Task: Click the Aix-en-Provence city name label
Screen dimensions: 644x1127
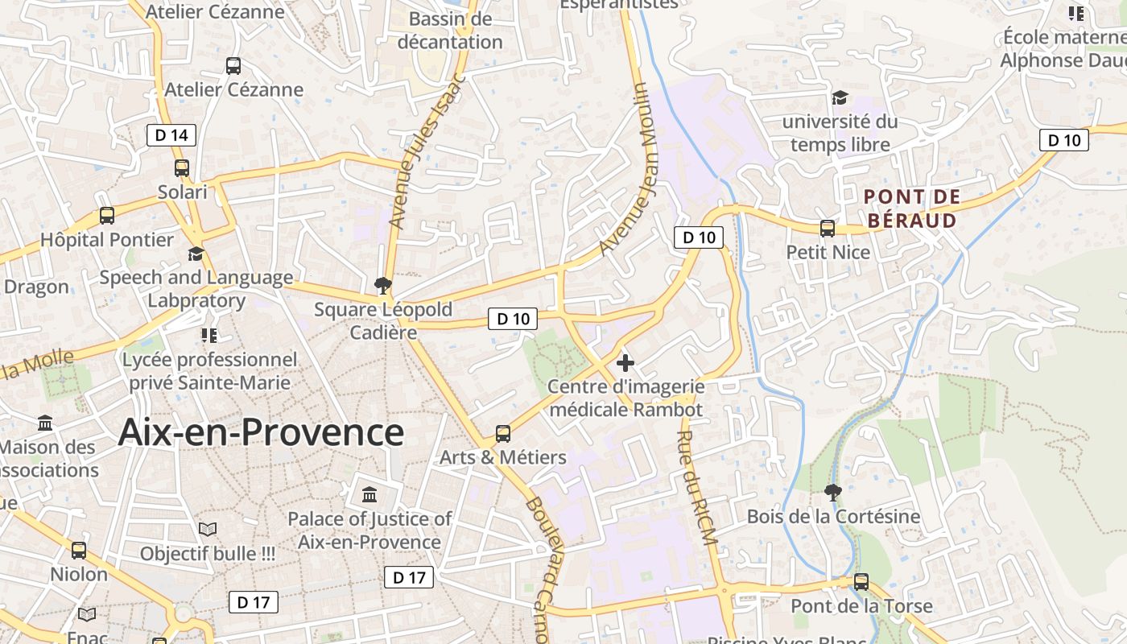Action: click(x=261, y=432)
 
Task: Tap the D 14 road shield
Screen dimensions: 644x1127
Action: click(x=171, y=135)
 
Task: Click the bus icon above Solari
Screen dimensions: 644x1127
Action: click(x=182, y=168)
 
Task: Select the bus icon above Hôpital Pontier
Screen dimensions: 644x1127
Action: click(x=107, y=216)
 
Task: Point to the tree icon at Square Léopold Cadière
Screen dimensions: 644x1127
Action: click(x=383, y=285)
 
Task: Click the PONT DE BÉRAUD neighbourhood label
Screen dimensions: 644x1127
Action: click(x=912, y=208)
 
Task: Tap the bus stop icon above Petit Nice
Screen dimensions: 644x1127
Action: click(x=828, y=229)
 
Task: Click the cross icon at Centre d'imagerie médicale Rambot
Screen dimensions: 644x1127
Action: click(x=625, y=363)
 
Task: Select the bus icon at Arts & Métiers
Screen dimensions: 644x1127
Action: click(x=503, y=434)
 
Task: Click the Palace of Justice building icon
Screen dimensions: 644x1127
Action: click(x=369, y=494)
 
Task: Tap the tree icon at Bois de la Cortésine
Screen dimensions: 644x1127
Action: click(x=833, y=492)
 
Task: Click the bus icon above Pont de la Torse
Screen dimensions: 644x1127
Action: click(x=861, y=582)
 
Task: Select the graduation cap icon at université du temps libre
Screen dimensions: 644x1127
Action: click(x=840, y=98)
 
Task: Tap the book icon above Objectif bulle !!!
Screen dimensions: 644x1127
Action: click(x=208, y=530)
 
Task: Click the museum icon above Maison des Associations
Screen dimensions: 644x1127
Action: click(x=46, y=423)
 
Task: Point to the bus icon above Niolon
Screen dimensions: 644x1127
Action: click(x=79, y=551)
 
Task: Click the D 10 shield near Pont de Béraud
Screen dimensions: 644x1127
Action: click(x=1064, y=140)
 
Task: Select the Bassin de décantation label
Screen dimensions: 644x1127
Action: click(x=450, y=31)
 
